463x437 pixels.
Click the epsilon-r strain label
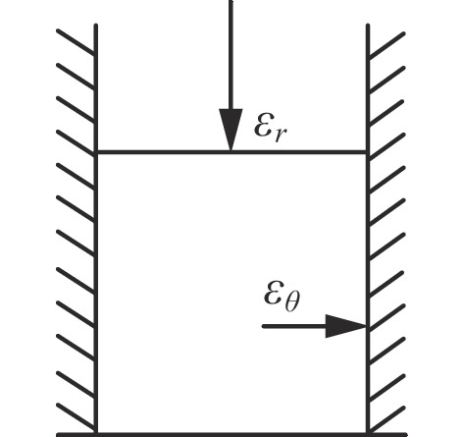[x=271, y=128]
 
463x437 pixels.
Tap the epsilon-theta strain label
[x=282, y=297]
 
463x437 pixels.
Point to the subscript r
[x=281, y=135]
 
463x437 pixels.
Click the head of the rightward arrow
[x=346, y=326]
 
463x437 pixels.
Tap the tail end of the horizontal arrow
[x=263, y=326]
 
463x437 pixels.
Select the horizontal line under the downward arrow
[x=231, y=152]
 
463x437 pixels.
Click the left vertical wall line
[x=95, y=229]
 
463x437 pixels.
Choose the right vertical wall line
[x=368, y=229]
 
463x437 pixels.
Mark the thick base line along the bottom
[x=231, y=435]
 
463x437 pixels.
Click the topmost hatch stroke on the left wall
[x=77, y=42]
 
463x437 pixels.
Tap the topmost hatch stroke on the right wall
[x=386, y=46]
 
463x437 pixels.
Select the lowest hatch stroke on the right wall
[x=386, y=420]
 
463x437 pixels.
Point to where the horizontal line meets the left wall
[x=95, y=152]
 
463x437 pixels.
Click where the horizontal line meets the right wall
[x=368, y=152]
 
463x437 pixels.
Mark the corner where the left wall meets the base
[x=95, y=434]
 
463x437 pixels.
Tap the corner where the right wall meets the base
[x=368, y=434]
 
